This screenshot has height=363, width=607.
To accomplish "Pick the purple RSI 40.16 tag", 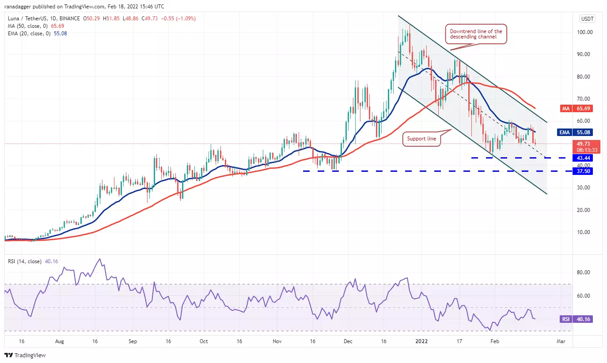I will pos(576,319).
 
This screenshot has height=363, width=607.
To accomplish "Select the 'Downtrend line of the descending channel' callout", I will pos(476,34).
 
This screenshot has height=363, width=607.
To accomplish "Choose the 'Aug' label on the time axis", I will pos(60,341).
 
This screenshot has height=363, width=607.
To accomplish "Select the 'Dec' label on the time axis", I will pos(348,341).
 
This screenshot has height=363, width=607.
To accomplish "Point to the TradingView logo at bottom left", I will pos(25,355).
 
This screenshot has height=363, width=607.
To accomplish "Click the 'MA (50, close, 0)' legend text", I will pos(28,26).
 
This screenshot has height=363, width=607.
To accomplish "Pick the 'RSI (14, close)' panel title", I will pos(24,261).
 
